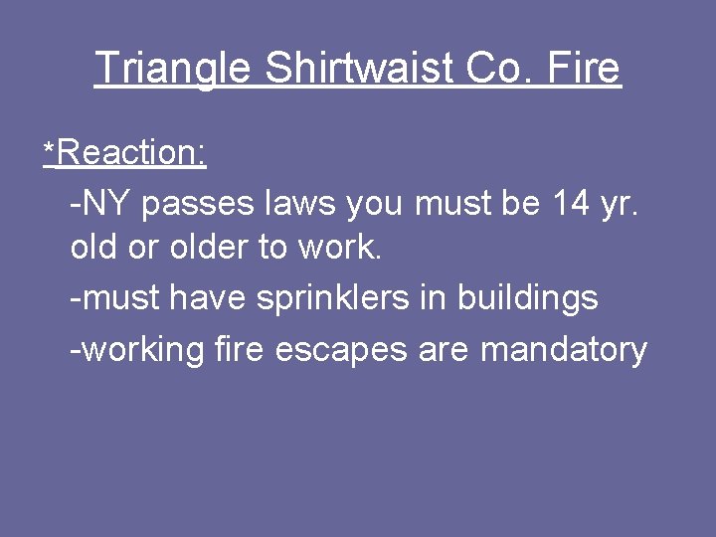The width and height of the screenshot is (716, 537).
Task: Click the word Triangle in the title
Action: [x=171, y=69]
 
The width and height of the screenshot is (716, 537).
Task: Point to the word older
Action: [x=210, y=248]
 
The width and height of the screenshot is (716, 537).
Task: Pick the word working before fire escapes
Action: [x=142, y=350]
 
